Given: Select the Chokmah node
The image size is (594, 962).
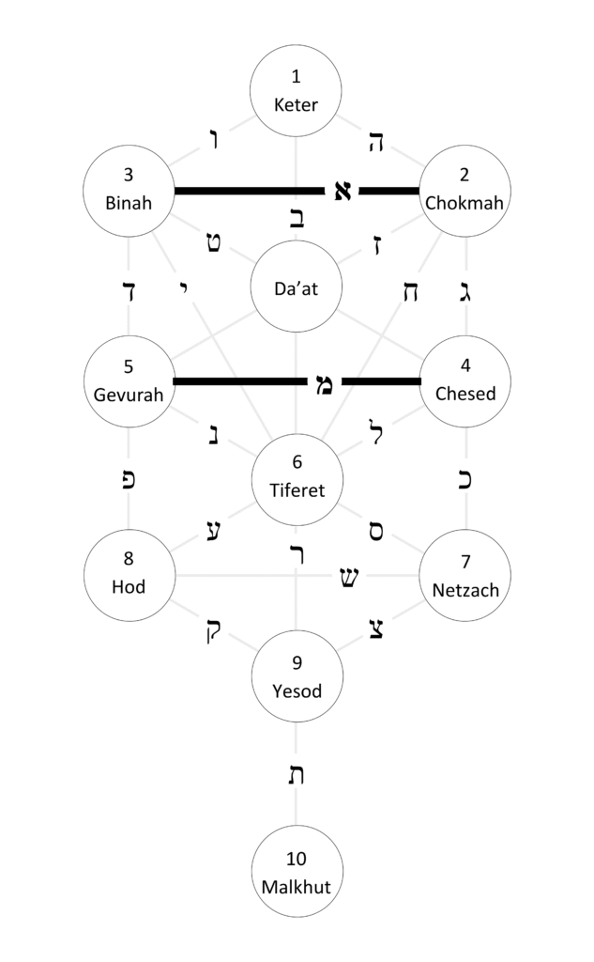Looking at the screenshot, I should [x=465, y=190].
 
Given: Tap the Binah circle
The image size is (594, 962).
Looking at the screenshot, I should [x=129, y=190].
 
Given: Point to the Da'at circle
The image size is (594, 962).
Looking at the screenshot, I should [x=297, y=287].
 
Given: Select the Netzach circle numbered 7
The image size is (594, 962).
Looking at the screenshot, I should [x=465, y=575].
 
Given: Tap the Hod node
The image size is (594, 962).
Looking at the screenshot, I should [x=129, y=575].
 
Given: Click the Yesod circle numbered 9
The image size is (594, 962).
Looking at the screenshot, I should [x=297, y=676].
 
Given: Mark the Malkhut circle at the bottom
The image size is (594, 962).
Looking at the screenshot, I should [x=297, y=871].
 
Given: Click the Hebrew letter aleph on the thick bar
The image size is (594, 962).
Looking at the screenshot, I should [x=343, y=191].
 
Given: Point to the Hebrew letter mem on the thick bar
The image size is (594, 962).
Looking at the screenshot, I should [x=324, y=383].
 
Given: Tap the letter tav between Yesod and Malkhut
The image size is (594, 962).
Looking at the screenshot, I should [x=297, y=775].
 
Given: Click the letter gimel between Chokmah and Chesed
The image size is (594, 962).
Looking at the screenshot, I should [x=465, y=289].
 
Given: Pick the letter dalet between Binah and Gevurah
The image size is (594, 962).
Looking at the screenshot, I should [x=129, y=289].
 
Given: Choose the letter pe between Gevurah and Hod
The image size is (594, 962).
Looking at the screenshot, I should [x=129, y=478].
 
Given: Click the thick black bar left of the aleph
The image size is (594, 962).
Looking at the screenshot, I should [x=250, y=191].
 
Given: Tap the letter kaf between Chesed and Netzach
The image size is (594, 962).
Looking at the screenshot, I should [x=465, y=478].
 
